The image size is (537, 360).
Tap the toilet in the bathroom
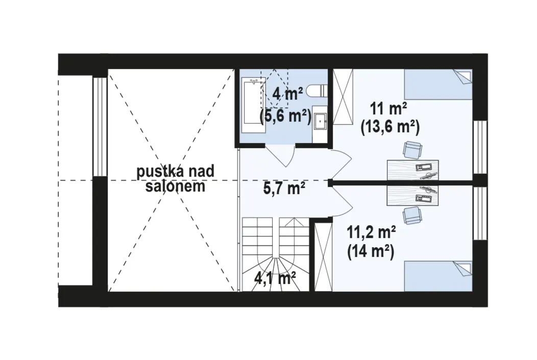pyautogui.click(x=317, y=91)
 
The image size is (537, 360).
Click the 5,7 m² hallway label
pyautogui.click(x=284, y=188)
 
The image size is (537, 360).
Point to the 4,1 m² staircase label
pyautogui.click(x=275, y=278)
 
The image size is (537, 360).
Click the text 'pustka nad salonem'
pyautogui.click(x=176, y=179)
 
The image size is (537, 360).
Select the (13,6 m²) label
pyautogui.click(x=390, y=128)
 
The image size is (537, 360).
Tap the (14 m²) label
pyautogui.click(x=371, y=252)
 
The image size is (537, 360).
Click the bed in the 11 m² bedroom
pyautogui.click(x=438, y=84)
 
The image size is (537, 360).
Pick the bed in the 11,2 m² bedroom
pyautogui.click(x=438, y=276)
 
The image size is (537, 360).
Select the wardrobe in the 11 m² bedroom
pyautogui.click(x=343, y=97)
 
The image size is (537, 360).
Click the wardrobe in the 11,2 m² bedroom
pyautogui.click(x=323, y=257)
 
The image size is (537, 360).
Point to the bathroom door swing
pyautogui.click(x=280, y=156)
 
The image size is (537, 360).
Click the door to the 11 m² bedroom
pyautogui.click(x=341, y=164)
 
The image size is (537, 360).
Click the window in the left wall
pyautogui.click(x=100, y=127)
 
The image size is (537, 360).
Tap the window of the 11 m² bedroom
pyautogui.click(x=480, y=147)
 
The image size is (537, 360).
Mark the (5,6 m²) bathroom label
pyautogui.click(x=285, y=117)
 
